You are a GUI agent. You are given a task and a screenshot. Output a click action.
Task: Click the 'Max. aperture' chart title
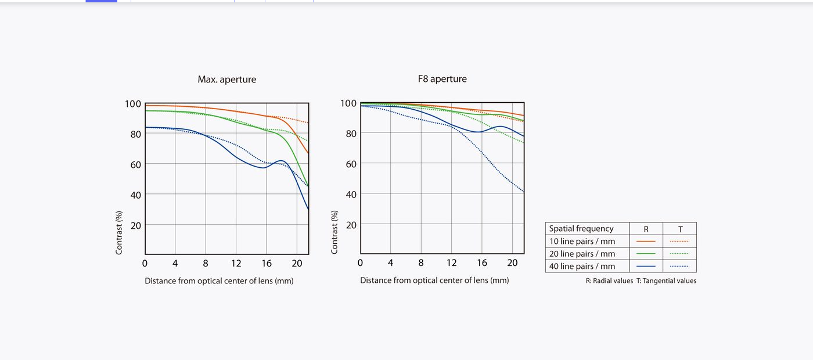pos(226,80)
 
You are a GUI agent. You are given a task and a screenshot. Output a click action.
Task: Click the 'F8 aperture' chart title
pos(442,79)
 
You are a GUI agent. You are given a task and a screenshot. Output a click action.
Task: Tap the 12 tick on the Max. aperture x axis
pos(236,263)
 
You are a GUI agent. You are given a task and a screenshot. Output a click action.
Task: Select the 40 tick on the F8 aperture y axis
pos(351,194)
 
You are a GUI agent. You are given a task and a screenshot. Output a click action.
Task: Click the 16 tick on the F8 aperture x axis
pos(482,263)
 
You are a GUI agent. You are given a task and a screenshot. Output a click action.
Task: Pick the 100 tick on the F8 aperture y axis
pos(348,103)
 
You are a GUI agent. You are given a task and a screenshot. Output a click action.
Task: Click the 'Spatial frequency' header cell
pos(581,229)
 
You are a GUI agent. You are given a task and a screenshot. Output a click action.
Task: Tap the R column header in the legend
pos(646,229)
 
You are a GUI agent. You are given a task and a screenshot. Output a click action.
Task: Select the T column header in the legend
pos(680,229)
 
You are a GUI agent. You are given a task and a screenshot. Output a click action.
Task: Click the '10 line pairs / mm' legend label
pos(582,241)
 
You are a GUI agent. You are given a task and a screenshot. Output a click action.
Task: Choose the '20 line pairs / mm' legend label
pos(582,254)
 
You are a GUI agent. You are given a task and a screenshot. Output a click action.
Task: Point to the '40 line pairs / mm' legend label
pos(582,267)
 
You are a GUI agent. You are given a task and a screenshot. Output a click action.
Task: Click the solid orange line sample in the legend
pos(646,241)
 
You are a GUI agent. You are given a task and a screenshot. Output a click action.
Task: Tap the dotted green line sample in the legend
pos(679,254)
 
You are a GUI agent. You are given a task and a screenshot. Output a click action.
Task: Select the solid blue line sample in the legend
pos(646,267)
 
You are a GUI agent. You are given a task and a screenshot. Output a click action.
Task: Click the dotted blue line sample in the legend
pos(679,267)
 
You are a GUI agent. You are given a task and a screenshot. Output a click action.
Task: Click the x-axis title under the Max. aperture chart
pos(219,281)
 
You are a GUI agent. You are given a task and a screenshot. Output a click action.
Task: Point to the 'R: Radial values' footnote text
pos(609,281)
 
